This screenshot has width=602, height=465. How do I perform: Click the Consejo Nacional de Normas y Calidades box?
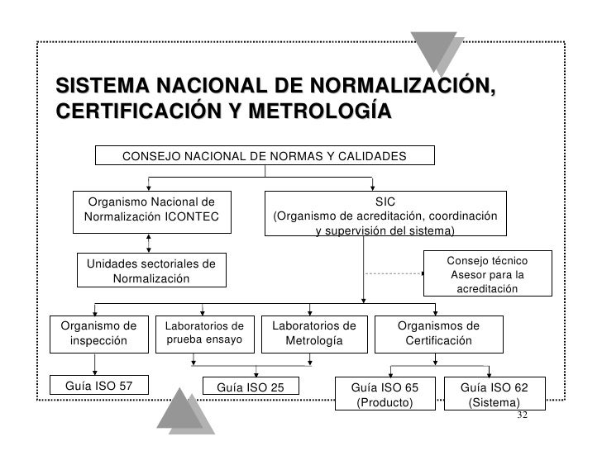(x=265, y=156)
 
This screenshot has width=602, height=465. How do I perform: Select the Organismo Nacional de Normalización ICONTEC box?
(x=150, y=211)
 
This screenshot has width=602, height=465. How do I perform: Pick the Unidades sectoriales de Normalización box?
(x=150, y=271)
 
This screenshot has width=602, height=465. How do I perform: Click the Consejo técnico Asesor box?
(x=487, y=273)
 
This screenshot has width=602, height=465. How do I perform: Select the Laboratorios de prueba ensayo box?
(x=203, y=333)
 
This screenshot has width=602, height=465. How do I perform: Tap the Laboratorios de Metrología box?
(x=308, y=333)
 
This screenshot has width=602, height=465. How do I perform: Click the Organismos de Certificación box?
(x=438, y=333)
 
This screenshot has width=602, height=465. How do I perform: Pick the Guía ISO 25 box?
(x=251, y=387)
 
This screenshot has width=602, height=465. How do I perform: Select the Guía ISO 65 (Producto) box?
(x=385, y=394)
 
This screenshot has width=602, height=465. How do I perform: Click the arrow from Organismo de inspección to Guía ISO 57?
(x=97, y=363)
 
